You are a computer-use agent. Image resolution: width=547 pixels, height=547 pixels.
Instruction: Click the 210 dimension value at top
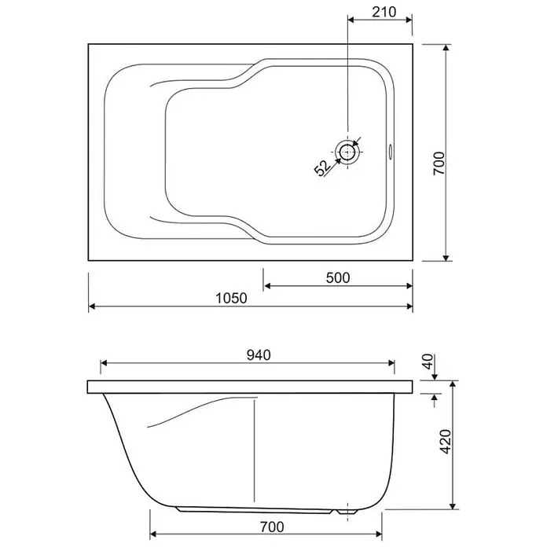[384, 13]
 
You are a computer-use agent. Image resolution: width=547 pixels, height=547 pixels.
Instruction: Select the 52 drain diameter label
[322, 168]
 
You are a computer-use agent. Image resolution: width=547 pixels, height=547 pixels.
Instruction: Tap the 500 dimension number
[338, 277]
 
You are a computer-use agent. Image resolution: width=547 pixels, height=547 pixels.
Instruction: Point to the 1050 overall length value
[231, 299]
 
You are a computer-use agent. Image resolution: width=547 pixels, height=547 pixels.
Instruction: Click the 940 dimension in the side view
[259, 355]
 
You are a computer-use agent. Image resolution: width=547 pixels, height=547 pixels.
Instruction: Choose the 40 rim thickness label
[428, 362]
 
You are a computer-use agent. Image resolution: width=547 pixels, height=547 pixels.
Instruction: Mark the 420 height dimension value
[446, 442]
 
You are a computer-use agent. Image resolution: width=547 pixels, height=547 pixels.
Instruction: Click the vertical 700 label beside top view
[439, 163]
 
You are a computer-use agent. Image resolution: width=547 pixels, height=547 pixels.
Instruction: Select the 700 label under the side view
[272, 527]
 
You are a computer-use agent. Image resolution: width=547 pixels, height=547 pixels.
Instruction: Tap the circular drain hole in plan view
[347, 152]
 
